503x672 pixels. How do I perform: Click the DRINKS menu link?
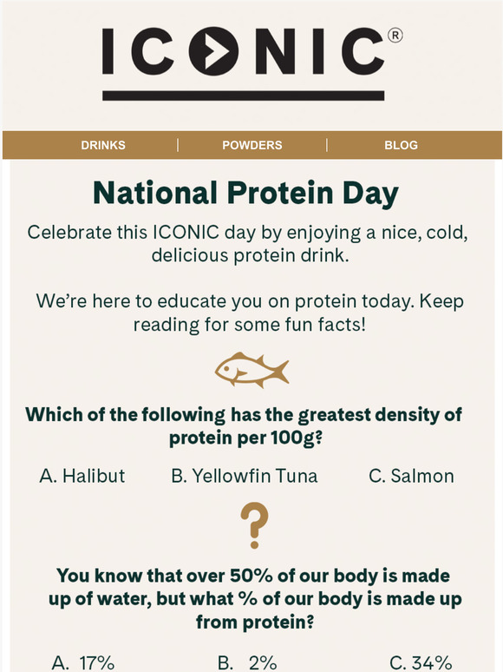pos(103,145)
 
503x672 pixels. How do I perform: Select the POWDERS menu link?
pos(252,145)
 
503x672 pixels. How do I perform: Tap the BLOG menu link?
pos(401,145)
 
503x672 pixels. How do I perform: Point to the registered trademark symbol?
pos(395,36)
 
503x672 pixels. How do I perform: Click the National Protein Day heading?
pos(245,193)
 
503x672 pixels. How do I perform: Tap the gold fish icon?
pos(251,370)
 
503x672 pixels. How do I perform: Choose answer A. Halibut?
pos(82,476)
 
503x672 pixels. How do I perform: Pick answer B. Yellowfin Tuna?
pos(244,476)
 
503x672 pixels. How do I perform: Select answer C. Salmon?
pos(411,476)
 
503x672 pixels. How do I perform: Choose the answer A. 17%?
pos(83,662)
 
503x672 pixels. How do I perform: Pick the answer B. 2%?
pos(247,662)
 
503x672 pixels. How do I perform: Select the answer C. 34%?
pos(421,662)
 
